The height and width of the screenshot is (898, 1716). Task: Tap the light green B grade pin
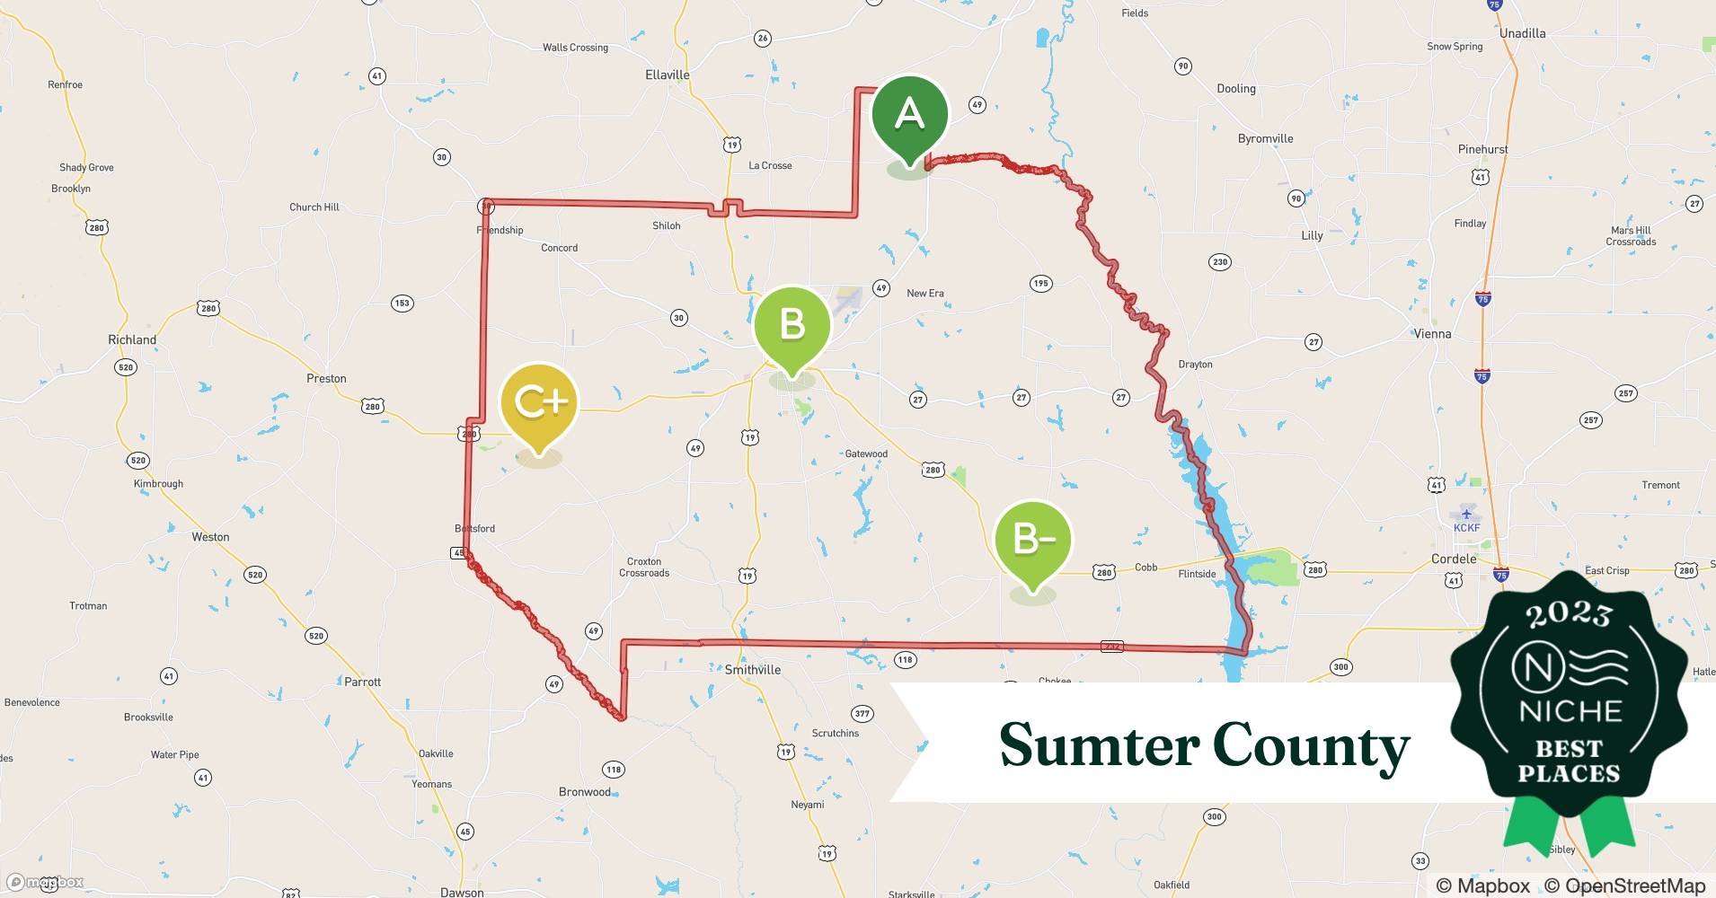(792, 324)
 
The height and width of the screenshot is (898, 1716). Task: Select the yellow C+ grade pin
(538, 402)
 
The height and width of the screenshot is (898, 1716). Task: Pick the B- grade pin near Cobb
(1033, 539)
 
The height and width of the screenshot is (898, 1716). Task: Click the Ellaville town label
(667, 75)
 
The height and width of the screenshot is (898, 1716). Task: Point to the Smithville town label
(752, 670)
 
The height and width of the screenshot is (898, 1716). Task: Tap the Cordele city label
(1453, 559)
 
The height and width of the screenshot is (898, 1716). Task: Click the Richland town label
(132, 339)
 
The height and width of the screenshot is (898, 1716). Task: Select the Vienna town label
(1432, 333)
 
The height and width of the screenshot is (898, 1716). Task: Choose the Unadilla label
(1522, 33)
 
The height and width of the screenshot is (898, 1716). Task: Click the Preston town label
(326, 378)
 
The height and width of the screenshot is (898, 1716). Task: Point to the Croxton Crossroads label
(643, 567)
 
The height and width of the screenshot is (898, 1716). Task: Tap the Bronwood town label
(584, 792)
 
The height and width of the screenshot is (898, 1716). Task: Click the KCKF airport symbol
(1466, 515)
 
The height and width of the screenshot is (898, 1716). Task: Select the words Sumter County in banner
(1204, 745)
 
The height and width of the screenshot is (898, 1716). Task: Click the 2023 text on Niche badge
(1569, 614)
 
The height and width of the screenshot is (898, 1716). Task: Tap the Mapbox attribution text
(1483, 885)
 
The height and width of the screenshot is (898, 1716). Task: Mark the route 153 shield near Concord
(402, 303)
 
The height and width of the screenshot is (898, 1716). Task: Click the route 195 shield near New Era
(1040, 284)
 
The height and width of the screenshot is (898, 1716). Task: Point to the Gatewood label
(866, 453)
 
